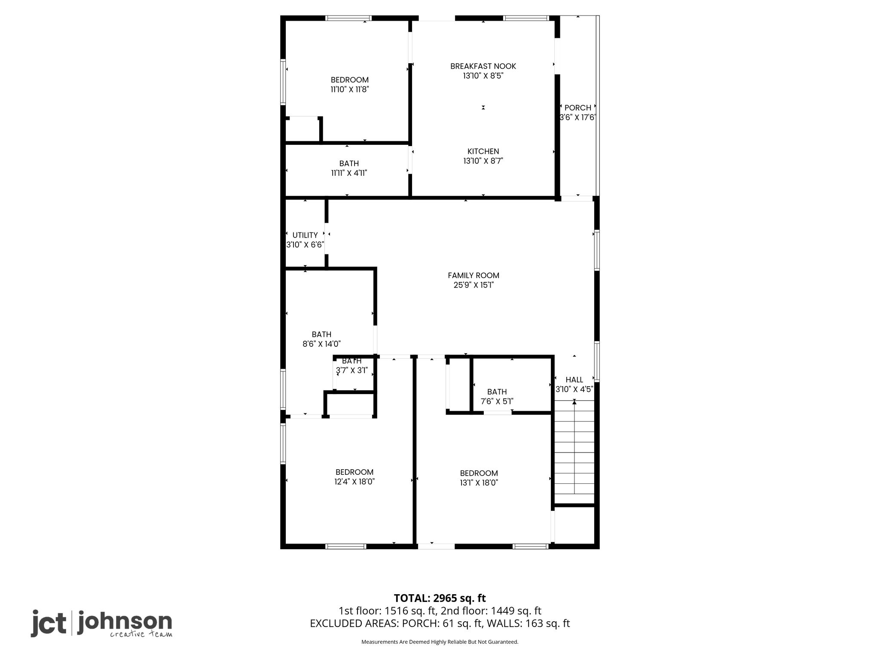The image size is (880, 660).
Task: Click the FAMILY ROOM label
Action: pos(474,275)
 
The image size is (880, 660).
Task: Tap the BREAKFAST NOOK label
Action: pos(483,66)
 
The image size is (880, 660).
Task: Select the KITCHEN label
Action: pos(483,151)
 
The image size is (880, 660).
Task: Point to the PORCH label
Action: pos(578,108)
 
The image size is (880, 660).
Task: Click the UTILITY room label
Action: pos(305,235)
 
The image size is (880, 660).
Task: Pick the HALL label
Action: pos(574,380)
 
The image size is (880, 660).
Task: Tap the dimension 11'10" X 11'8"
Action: pos(350,89)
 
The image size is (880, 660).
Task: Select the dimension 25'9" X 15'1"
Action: pos(474,285)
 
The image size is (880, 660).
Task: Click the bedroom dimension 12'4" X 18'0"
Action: pos(354,482)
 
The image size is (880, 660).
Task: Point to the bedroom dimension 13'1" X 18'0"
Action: pos(479,483)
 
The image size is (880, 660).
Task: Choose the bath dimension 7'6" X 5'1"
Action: pos(497,401)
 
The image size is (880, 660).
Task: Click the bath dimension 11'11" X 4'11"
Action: pos(349,173)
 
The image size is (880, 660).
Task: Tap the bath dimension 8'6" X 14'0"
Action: pos(321,344)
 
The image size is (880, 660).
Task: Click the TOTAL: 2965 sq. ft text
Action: pos(440,598)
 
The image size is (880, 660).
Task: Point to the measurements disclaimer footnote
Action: pos(440,642)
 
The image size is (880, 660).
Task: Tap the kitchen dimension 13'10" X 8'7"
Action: pos(483,161)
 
